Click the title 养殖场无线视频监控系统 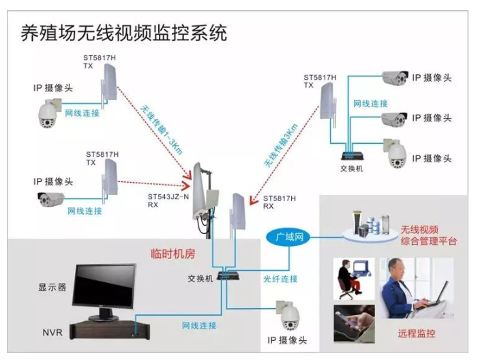[x=123, y=32]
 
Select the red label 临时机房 [x=173, y=254]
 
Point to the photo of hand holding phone [x=353, y=322]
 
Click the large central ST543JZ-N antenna [x=204, y=194]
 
